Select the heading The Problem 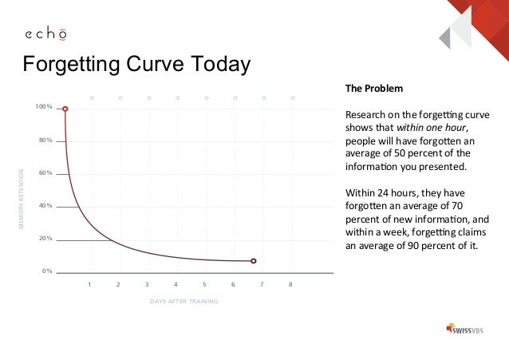[373, 87]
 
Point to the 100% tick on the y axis [44, 107]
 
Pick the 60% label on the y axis [45, 172]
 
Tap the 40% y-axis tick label [45, 206]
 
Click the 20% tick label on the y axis [45, 239]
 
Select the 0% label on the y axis [47, 271]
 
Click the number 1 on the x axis [89, 284]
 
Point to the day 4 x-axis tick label [176, 284]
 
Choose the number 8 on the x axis [290, 284]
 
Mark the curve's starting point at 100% [66, 109]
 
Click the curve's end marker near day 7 [253, 261]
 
